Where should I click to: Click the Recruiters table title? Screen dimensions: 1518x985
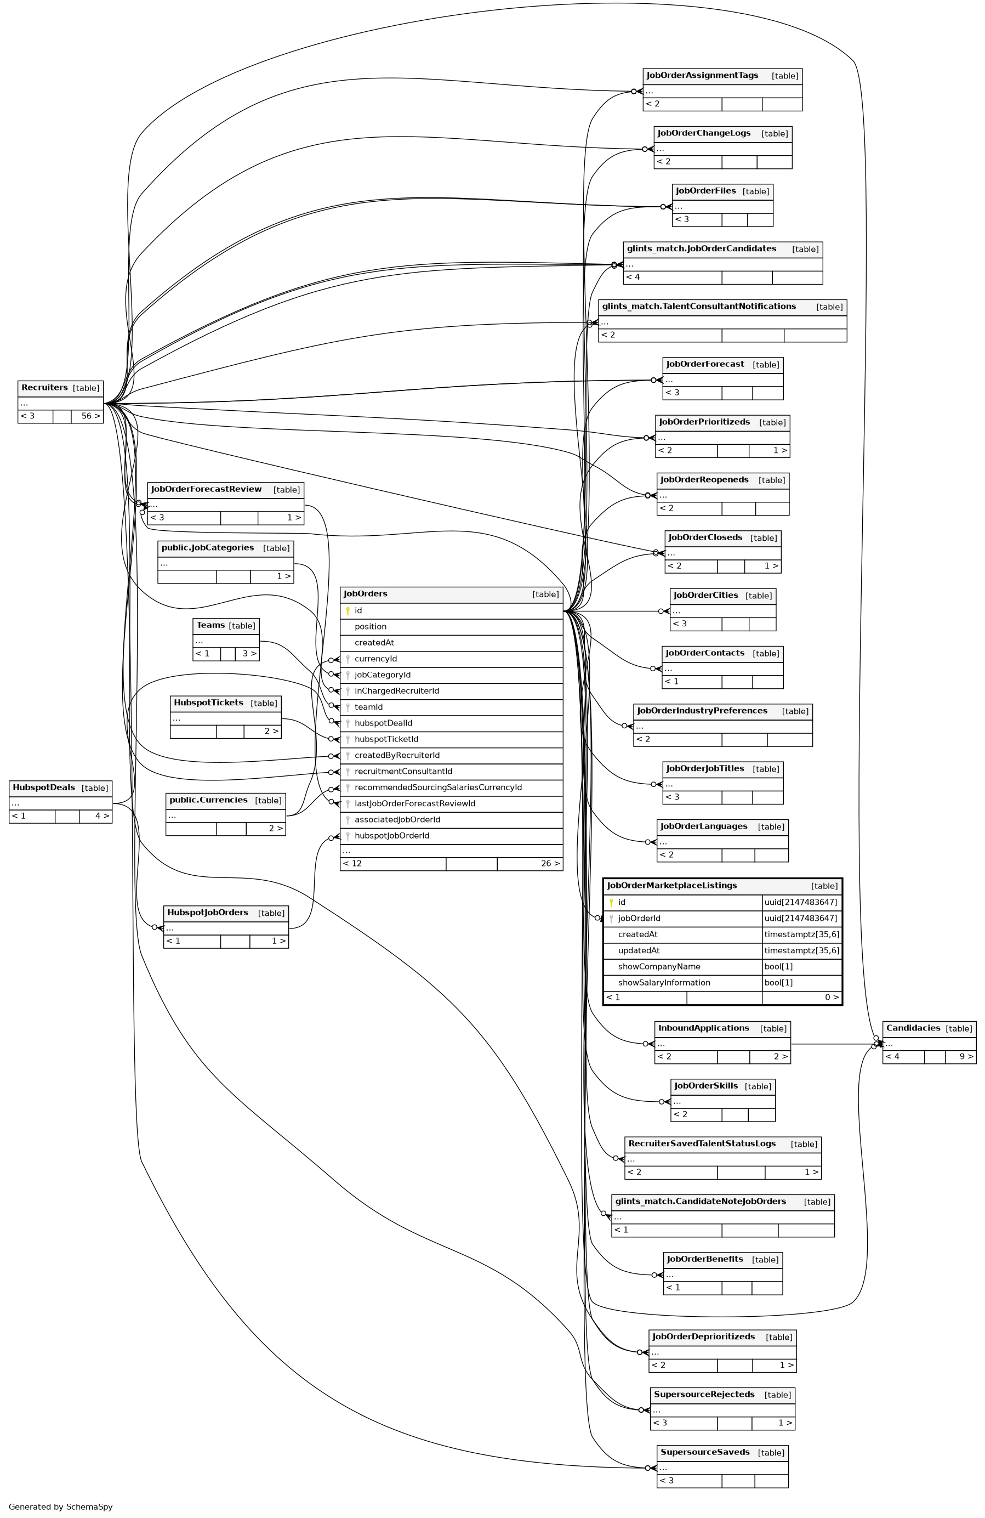pyautogui.click(x=44, y=388)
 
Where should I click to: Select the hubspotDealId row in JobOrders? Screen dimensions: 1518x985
pyautogui.click(x=383, y=723)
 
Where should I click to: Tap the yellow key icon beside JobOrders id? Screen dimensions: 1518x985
pyautogui.click(x=348, y=611)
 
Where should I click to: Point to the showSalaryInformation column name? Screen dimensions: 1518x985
pyautogui.click(x=664, y=983)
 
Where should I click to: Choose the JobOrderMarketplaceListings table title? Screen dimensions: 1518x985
pyautogui.click(x=672, y=886)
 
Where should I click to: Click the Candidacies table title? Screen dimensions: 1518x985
pyautogui.click(x=913, y=1028)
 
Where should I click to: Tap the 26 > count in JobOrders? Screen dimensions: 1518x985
pyautogui.click(x=550, y=864)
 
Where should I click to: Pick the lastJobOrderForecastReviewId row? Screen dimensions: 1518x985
pyautogui.click(x=414, y=803)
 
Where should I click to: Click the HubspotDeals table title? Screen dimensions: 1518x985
pyautogui.click(x=44, y=788)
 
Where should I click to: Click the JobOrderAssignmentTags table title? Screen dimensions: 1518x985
pyautogui.click(x=702, y=76)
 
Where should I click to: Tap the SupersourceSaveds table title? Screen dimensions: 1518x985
pyautogui.click(x=704, y=1452)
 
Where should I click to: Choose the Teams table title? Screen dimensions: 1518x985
pyautogui.click(x=210, y=625)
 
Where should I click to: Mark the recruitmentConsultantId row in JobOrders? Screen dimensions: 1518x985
pyautogui.click(x=403, y=772)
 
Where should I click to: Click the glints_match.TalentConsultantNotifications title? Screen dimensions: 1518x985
pyautogui.click(x=699, y=307)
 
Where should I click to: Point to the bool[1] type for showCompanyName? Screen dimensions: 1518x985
pyautogui.click(x=778, y=967)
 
